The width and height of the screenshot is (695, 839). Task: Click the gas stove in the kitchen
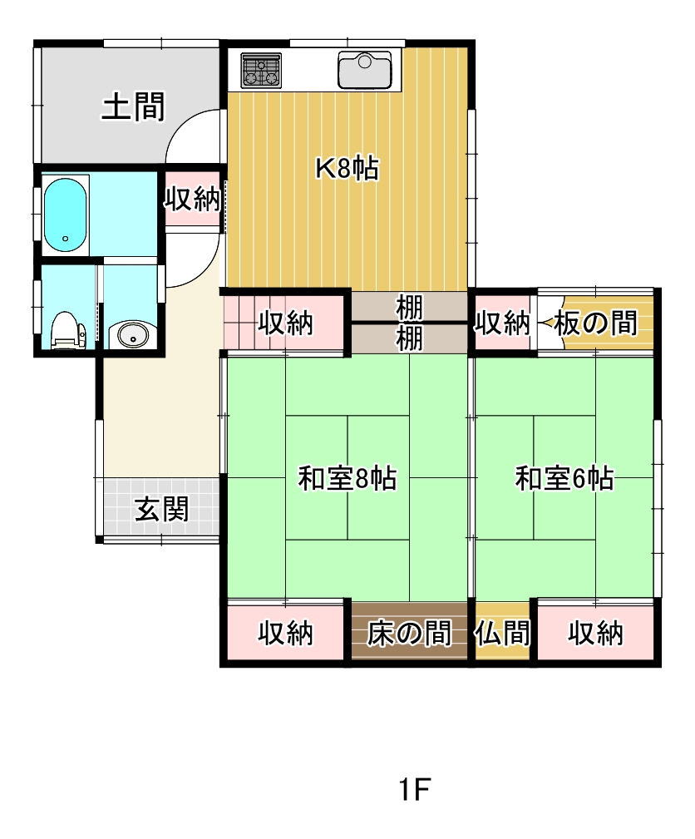click(x=261, y=70)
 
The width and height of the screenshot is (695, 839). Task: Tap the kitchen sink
click(x=364, y=70)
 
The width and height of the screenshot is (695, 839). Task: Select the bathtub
click(x=65, y=215)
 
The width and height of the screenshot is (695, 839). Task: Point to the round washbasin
click(x=131, y=335)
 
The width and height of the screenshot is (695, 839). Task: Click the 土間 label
click(x=133, y=106)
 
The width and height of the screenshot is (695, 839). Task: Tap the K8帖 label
click(x=347, y=168)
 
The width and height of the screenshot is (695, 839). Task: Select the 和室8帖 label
click(x=347, y=478)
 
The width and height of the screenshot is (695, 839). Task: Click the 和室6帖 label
click(x=564, y=478)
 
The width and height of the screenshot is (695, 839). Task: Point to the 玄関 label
click(x=161, y=508)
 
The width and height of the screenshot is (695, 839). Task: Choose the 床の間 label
click(x=409, y=634)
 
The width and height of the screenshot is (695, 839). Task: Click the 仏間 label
click(x=502, y=634)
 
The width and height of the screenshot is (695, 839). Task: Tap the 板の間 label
click(x=595, y=323)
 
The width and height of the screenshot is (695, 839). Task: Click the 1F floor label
click(x=415, y=789)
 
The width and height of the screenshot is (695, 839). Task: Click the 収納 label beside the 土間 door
click(x=192, y=199)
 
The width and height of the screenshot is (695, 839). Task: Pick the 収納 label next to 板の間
click(x=502, y=323)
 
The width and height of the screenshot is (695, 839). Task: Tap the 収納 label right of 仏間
click(x=595, y=634)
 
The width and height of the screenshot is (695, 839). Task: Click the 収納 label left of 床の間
click(x=285, y=634)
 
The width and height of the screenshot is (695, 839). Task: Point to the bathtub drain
click(x=66, y=239)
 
